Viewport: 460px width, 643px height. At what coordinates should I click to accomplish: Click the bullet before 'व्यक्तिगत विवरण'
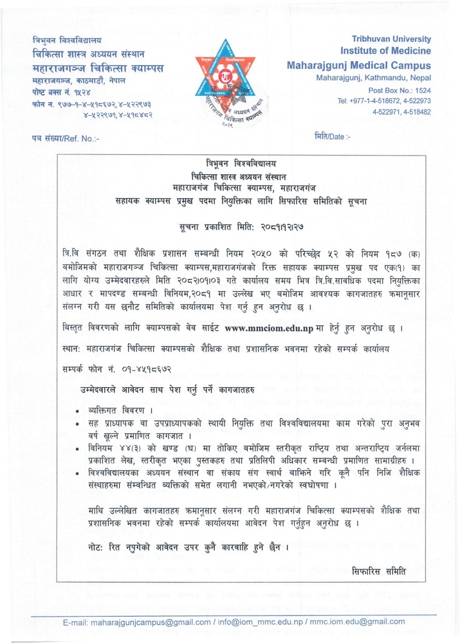77,410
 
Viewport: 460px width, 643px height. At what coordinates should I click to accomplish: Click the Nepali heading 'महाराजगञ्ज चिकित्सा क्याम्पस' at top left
98,68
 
